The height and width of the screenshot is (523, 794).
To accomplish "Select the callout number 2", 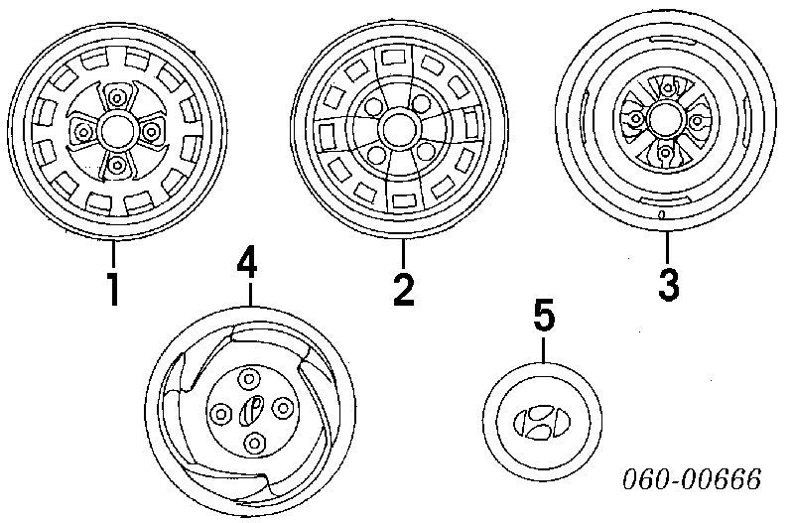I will [402, 289].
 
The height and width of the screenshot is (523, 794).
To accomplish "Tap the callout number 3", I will [669, 285].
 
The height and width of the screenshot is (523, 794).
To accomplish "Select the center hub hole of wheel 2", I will [400, 130].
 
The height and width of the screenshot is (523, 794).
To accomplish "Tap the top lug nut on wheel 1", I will [118, 97].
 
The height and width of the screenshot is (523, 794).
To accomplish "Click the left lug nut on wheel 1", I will [82, 130].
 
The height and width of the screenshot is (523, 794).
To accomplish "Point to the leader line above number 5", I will [544, 349].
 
